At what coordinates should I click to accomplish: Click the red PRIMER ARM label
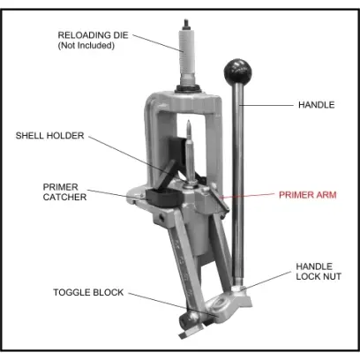(307, 195)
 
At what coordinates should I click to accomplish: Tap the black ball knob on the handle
(238, 71)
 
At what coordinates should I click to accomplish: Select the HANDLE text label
(316, 105)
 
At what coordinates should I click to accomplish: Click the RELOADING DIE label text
(93, 35)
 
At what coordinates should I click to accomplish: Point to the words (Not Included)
(86, 46)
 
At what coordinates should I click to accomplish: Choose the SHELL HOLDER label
(49, 136)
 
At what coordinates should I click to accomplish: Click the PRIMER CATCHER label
(64, 192)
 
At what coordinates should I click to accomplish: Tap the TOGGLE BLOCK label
(88, 292)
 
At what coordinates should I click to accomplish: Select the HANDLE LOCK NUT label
(319, 272)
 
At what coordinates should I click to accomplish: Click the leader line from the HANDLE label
(266, 105)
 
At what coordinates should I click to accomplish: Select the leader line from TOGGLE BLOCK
(173, 304)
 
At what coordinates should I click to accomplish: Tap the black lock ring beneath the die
(187, 89)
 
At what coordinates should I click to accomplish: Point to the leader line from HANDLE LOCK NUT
(267, 281)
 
